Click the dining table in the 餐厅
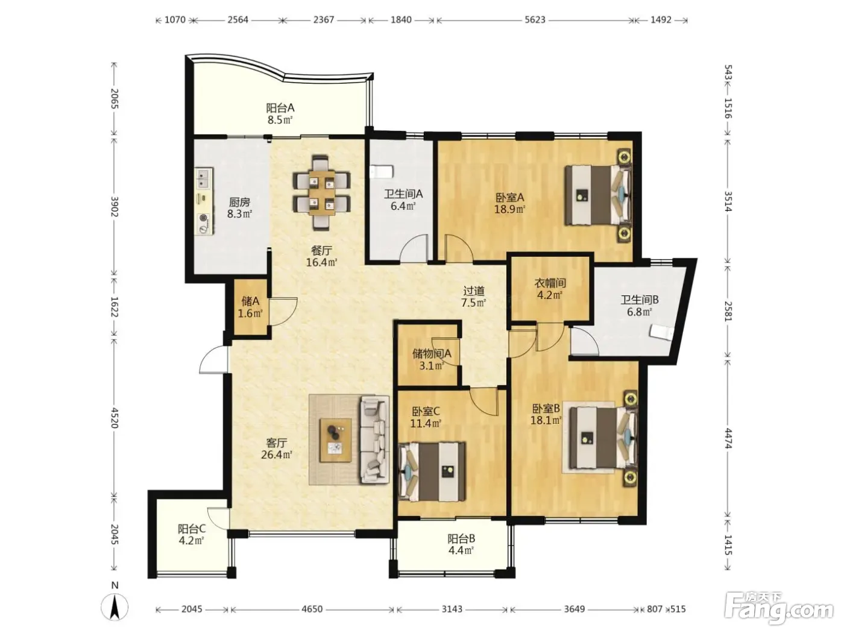click(321, 192)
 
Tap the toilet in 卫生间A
click(382, 172)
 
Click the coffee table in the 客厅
click(336, 441)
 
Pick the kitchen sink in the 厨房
click(204, 178)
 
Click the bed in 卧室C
click(432, 471)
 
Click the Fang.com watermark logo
click(778, 611)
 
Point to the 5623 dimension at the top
click(535, 20)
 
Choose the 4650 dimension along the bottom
click(312, 609)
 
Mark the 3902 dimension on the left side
click(114, 206)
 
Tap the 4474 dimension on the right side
click(728, 438)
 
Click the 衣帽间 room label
click(550, 283)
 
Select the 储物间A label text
click(432, 353)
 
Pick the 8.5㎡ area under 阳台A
click(280, 120)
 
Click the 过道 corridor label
click(473, 291)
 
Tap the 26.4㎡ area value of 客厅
click(277, 455)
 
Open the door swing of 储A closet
click(283, 312)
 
